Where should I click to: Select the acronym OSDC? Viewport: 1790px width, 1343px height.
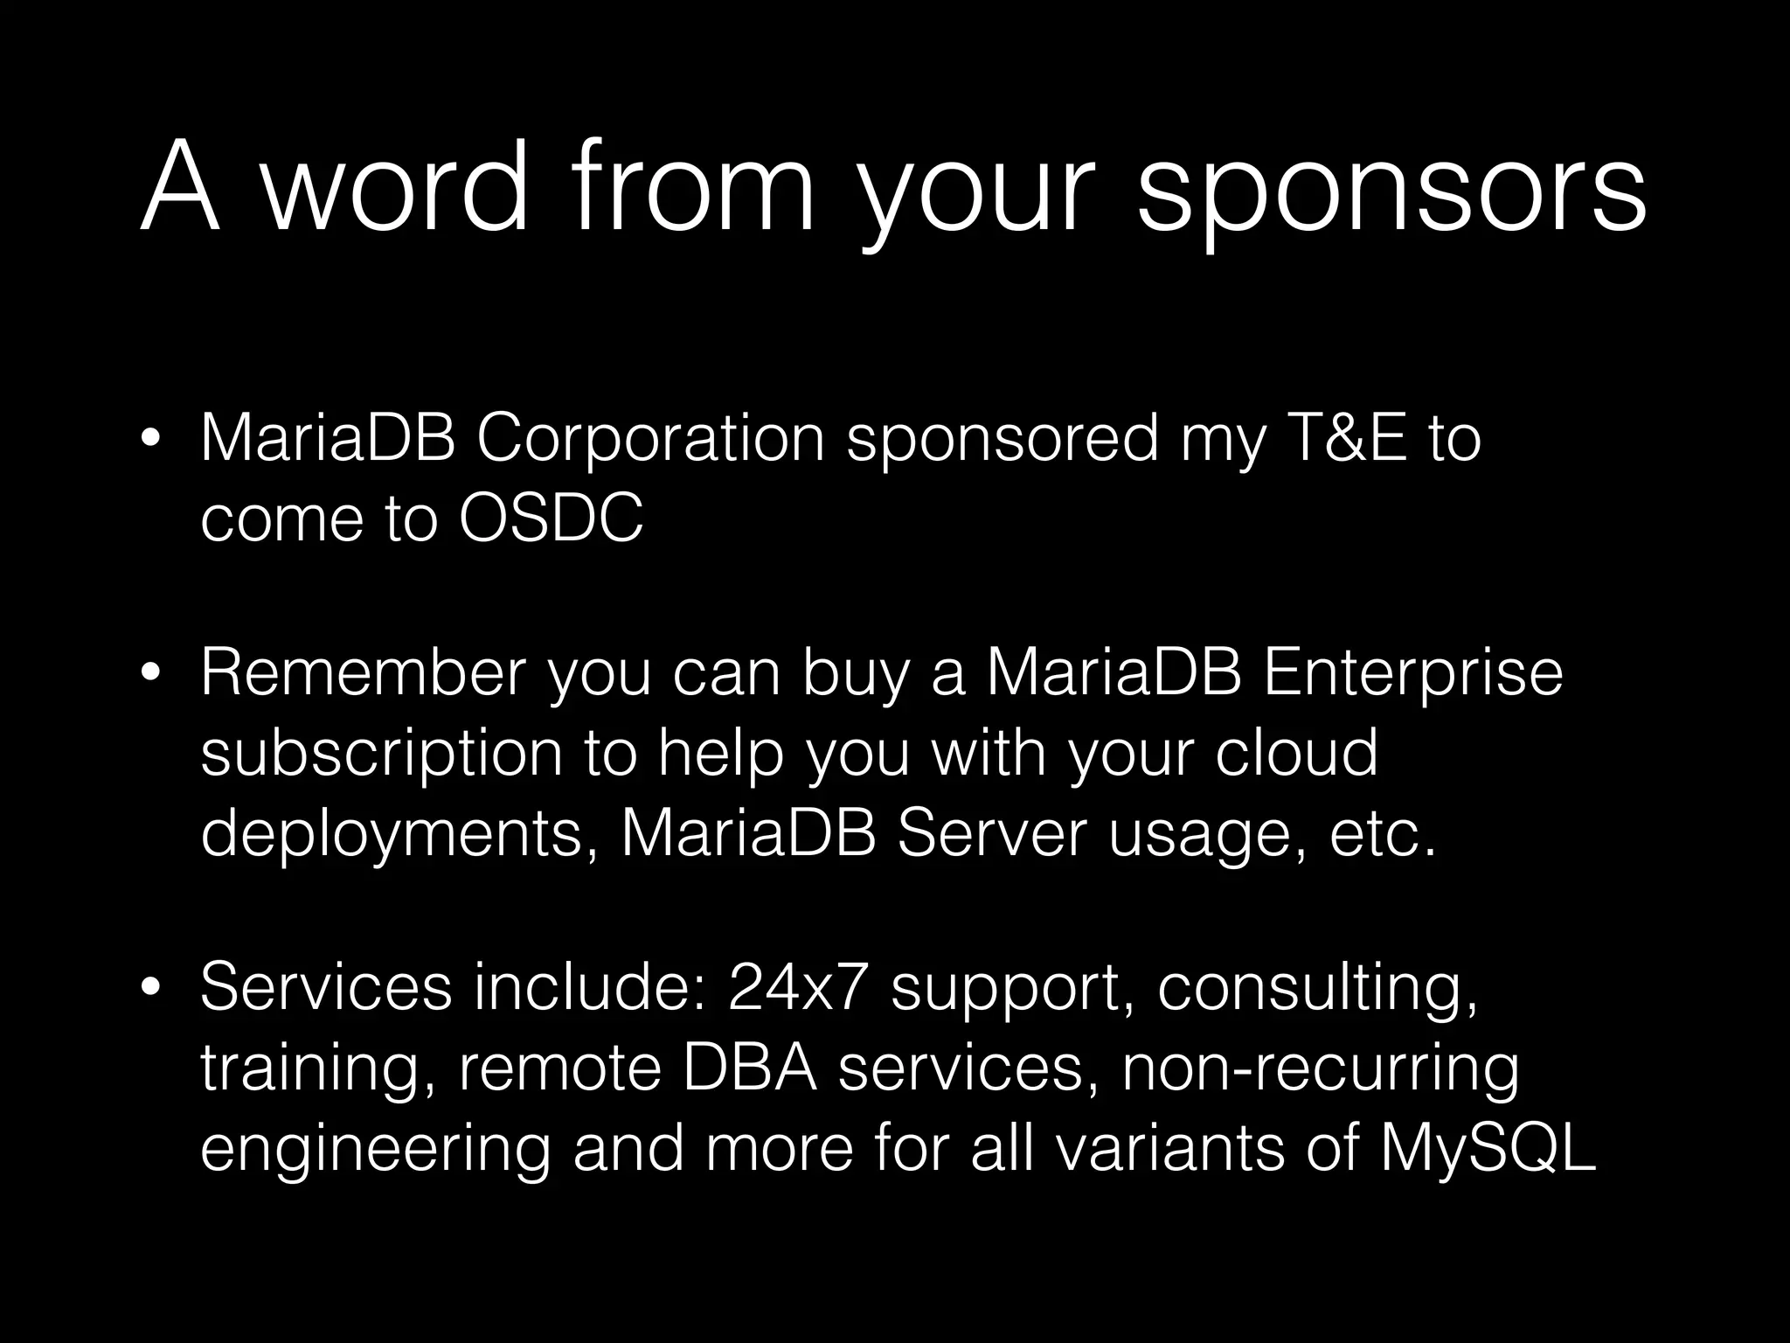[x=551, y=518]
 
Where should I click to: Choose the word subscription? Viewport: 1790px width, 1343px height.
[x=381, y=754]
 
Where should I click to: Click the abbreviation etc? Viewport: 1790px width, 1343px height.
[x=1383, y=835]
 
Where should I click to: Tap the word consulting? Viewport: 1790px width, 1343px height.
[x=1317, y=988]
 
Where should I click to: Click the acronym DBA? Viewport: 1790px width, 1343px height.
[x=750, y=1068]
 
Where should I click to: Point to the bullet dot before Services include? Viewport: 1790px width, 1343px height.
[x=152, y=988]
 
